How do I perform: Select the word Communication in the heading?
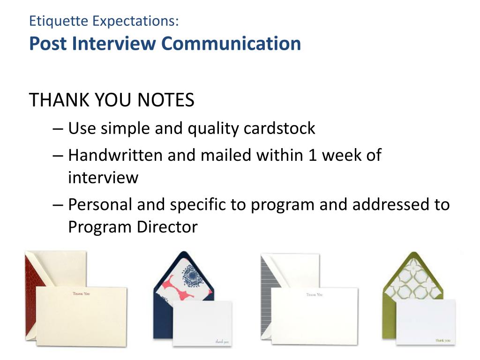(231, 44)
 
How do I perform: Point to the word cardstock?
(279, 128)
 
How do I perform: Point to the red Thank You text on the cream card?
(82, 294)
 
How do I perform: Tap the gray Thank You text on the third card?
(315, 294)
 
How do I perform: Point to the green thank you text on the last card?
(443, 340)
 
